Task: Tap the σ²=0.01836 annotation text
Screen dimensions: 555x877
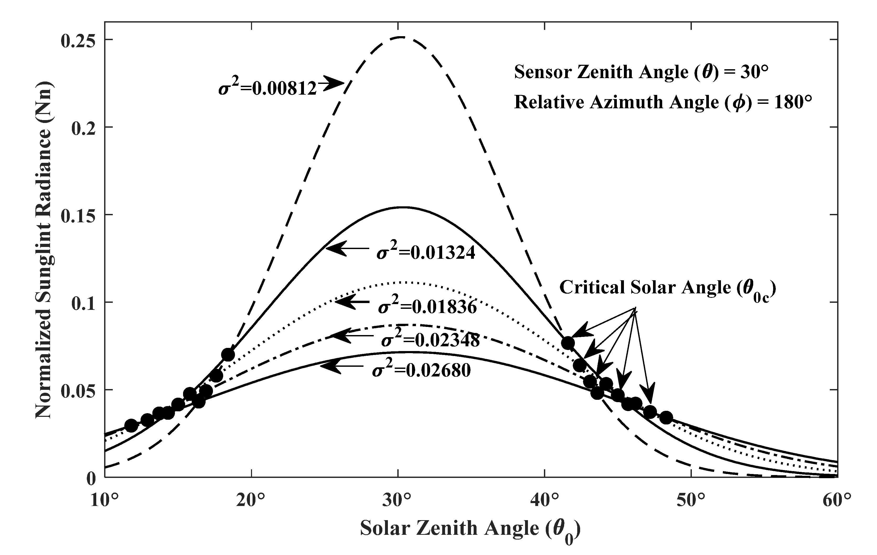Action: coord(427,307)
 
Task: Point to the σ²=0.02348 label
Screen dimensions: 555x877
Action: coord(430,340)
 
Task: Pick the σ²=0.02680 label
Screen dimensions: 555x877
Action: coord(421,370)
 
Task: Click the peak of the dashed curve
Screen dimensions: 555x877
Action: coord(401,37)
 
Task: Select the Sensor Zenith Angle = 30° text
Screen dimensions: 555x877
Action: coord(641,72)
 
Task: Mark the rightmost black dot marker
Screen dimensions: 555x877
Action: coord(666,418)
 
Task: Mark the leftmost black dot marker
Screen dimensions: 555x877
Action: coord(131,425)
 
